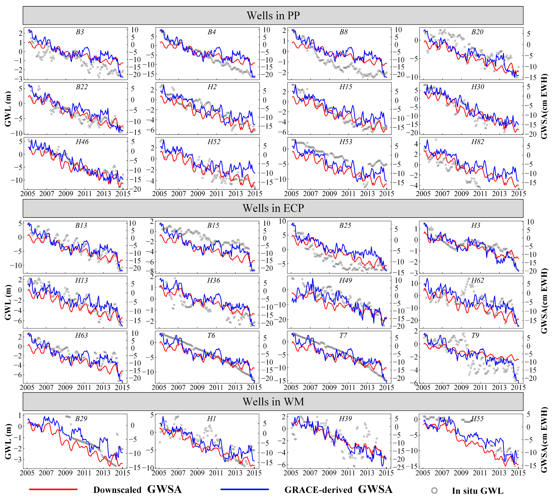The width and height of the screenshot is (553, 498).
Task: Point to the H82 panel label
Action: click(x=477, y=142)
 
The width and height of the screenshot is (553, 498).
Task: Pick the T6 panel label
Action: click(x=211, y=335)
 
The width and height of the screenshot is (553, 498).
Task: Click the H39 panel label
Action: click(x=345, y=419)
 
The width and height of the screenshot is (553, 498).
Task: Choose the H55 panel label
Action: click(x=477, y=419)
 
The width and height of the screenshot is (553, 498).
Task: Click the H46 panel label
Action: click(x=82, y=142)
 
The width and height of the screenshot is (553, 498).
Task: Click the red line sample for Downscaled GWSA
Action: click(x=53, y=489)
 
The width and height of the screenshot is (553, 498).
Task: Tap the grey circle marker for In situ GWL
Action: click(x=434, y=490)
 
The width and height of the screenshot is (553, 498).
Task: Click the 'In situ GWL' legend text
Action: click(x=477, y=491)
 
